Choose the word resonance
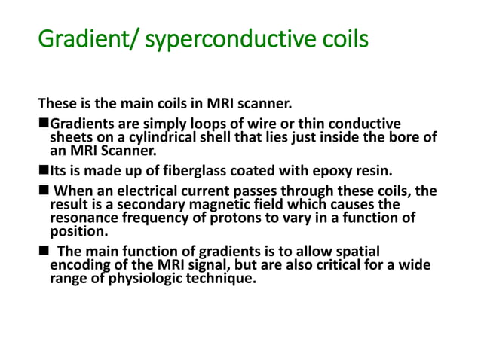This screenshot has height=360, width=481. pos(84,218)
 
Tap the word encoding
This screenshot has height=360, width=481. pos(80,264)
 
